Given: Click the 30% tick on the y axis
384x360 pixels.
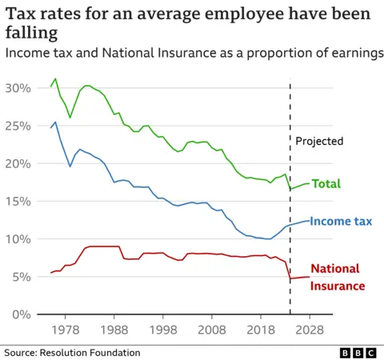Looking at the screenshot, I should [18, 87].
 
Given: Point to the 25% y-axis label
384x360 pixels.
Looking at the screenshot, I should [18, 125].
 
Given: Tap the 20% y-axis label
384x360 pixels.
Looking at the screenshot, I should [18, 163].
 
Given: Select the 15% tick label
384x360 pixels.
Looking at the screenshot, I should [18, 201].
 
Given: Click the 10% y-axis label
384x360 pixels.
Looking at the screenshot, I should [18, 239].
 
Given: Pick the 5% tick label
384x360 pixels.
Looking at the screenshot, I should [21, 277].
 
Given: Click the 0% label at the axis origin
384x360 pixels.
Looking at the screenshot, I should [21, 314].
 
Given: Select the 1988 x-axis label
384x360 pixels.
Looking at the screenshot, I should [114, 330].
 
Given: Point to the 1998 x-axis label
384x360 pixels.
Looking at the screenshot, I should [163, 330].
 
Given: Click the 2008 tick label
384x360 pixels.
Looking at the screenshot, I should [212, 330].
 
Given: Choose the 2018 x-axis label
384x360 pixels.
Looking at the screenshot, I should [261, 330].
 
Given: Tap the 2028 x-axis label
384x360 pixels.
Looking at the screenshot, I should [310, 330].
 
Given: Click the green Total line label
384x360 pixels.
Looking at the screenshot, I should [326, 184].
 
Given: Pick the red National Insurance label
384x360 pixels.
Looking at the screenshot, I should [337, 277].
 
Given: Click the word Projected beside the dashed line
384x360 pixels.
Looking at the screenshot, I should [319, 142].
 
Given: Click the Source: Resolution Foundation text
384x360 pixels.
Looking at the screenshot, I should [72, 352].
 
